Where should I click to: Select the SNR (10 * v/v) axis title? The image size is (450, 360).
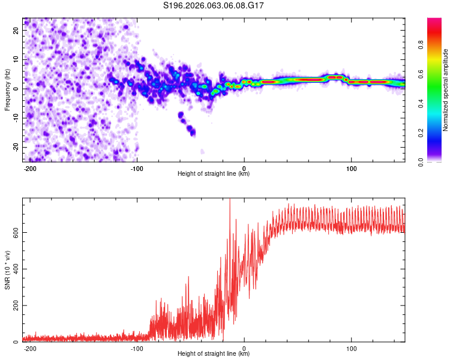click(x=8, y=270)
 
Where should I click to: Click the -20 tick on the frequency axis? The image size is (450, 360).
click(x=16, y=147)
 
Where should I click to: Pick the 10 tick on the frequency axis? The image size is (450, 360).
click(x=17, y=59)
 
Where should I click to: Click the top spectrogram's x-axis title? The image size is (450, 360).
click(x=214, y=174)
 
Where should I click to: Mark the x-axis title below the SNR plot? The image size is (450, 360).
click(x=214, y=354)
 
